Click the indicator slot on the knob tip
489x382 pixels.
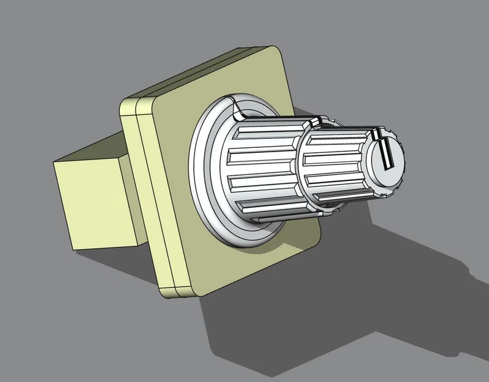(386, 153)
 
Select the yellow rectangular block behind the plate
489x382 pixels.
(98, 196)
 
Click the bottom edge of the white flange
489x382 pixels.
(244, 242)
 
